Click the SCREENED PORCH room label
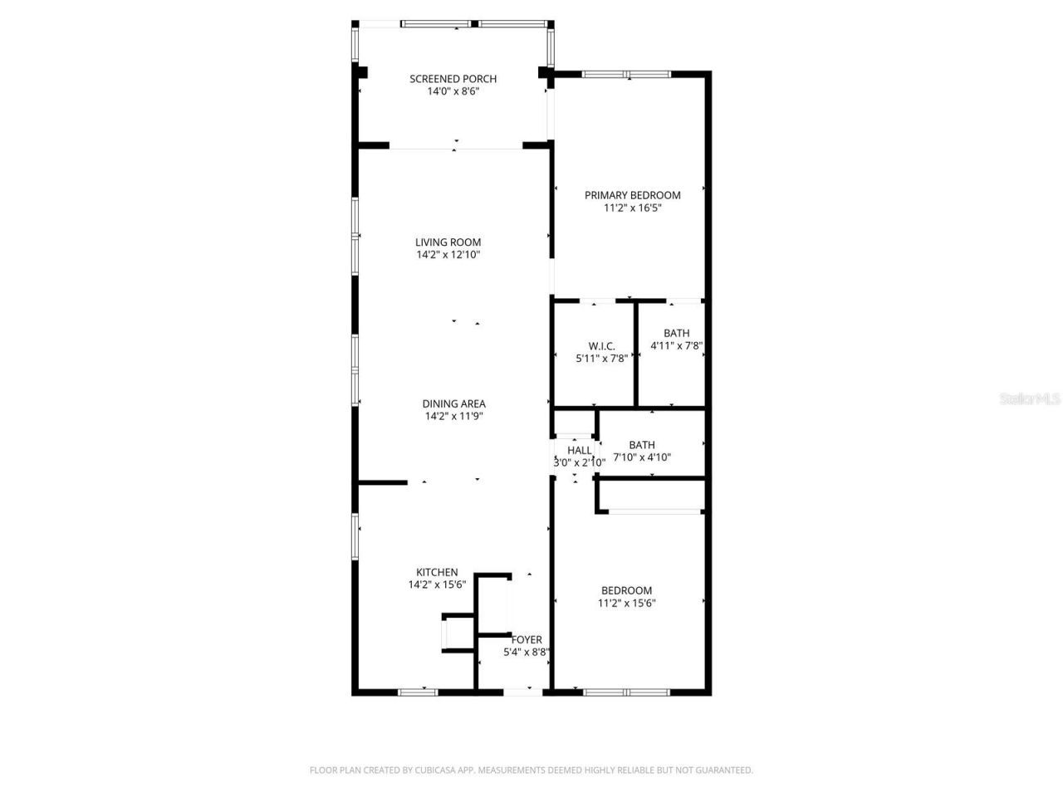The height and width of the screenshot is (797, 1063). [x=453, y=79]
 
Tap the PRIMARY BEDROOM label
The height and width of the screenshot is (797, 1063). [x=632, y=195]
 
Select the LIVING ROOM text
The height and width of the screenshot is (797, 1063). [x=448, y=242]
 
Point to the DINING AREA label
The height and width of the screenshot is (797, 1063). [x=453, y=404]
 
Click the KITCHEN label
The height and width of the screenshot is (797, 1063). [x=437, y=572]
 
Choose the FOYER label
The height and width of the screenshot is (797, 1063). [x=527, y=639]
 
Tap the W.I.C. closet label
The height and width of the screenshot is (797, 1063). [x=601, y=346]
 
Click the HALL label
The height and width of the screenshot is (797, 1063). [x=579, y=450]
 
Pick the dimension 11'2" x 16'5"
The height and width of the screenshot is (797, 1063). [x=632, y=208]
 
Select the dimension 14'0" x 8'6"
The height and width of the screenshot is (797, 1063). [x=453, y=91]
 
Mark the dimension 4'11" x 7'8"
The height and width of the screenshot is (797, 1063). [x=677, y=345]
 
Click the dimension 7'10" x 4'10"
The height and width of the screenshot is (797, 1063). [x=642, y=457]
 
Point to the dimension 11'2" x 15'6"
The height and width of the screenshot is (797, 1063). [x=626, y=604]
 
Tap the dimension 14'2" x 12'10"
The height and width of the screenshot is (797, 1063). [x=448, y=255]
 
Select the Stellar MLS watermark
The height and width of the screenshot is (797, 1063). [x=1030, y=399]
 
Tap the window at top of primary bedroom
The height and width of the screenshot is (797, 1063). [x=626, y=74]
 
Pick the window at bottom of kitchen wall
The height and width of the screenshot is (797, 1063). [x=418, y=691]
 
